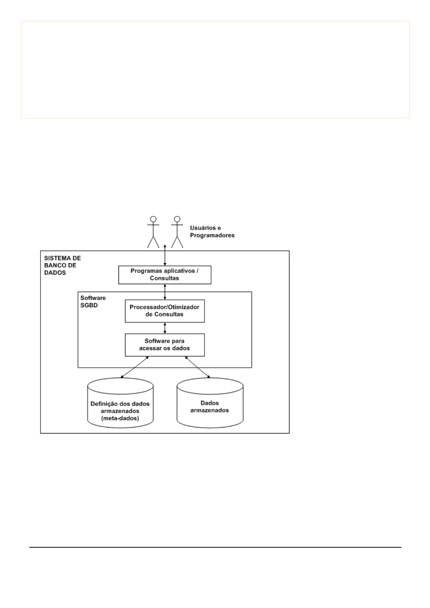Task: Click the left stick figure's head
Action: pyautogui.click(x=154, y=219)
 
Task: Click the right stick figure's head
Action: pyautogui.click(x=177, y=219)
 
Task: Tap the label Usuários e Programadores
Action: pyautogui.click(x=212, y=232)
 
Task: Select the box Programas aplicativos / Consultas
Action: pyautogui.click(x=165, y=275)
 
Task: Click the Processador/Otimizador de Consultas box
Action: pyautogui.click(x=165, y=311)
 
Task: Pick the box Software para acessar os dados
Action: pyautogui.click(x=165, y=345)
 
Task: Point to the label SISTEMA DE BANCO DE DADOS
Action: pyautogui.click(x=62, y=265)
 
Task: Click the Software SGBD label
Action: pyautogui.click(x=93, y=301)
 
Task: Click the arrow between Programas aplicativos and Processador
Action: pyautogui.click(x=165, y=292)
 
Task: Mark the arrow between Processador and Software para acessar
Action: pyautogui.click(x=165, y=328)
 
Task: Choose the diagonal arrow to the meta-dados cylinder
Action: pyautogui.click(x=134, y=367)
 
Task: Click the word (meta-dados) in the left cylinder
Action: pyautogui.click(x=120, y=418)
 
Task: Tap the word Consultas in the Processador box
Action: pyautogui.click(x=169, y=314)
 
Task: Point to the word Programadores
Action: pyautogui.click(x=212, y=235)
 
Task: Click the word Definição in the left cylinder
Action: pyautogui.click(x=103, y=404)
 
